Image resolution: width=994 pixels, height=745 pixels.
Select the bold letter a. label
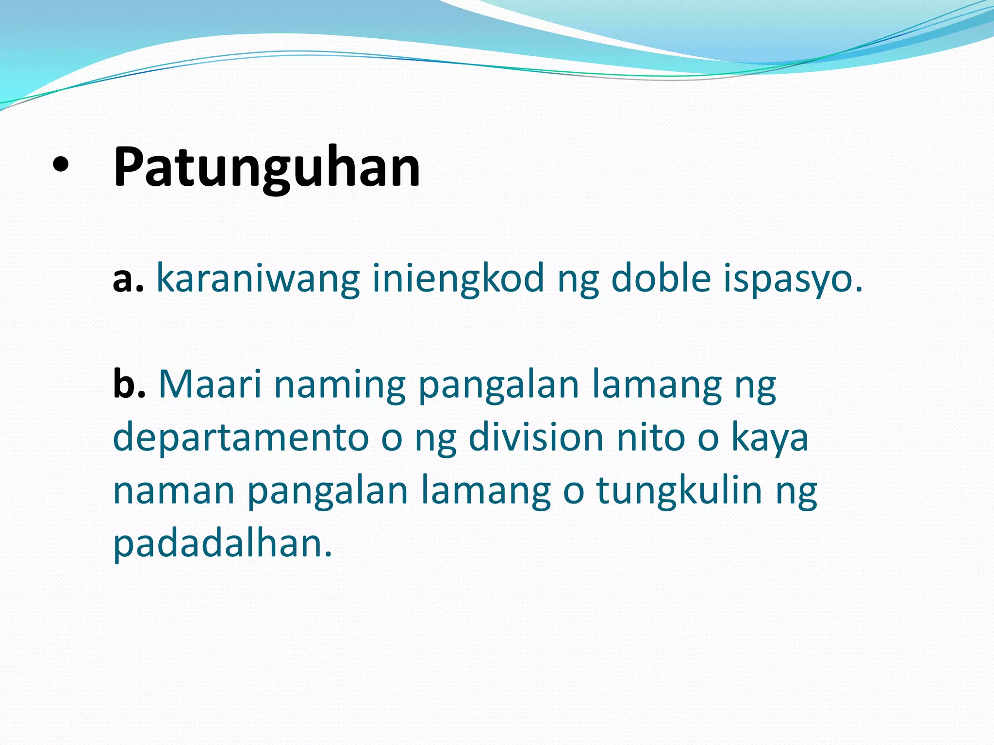(x=128, y=280)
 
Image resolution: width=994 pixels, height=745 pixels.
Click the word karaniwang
(x=258, y=280)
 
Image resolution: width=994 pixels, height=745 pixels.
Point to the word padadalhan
(x=223, y=543)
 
